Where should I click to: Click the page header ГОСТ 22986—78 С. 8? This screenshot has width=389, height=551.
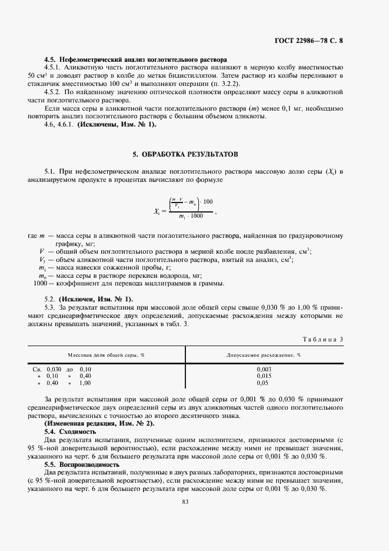point(317,41)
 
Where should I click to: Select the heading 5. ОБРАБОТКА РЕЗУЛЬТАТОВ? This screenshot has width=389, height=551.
point(185,154)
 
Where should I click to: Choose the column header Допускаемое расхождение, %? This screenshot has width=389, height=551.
point(264,355)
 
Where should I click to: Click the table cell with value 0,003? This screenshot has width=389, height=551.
point(264,369)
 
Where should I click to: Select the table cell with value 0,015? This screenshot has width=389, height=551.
point(264,376)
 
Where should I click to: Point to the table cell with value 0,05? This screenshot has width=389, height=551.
point(264,383)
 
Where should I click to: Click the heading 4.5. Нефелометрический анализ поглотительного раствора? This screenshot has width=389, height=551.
point(135,59)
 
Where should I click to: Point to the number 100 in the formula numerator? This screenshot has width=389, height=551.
point(207,201)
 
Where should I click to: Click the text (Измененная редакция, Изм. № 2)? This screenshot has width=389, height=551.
point(99,424)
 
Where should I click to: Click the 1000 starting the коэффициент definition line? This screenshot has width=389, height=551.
point(40,283)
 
